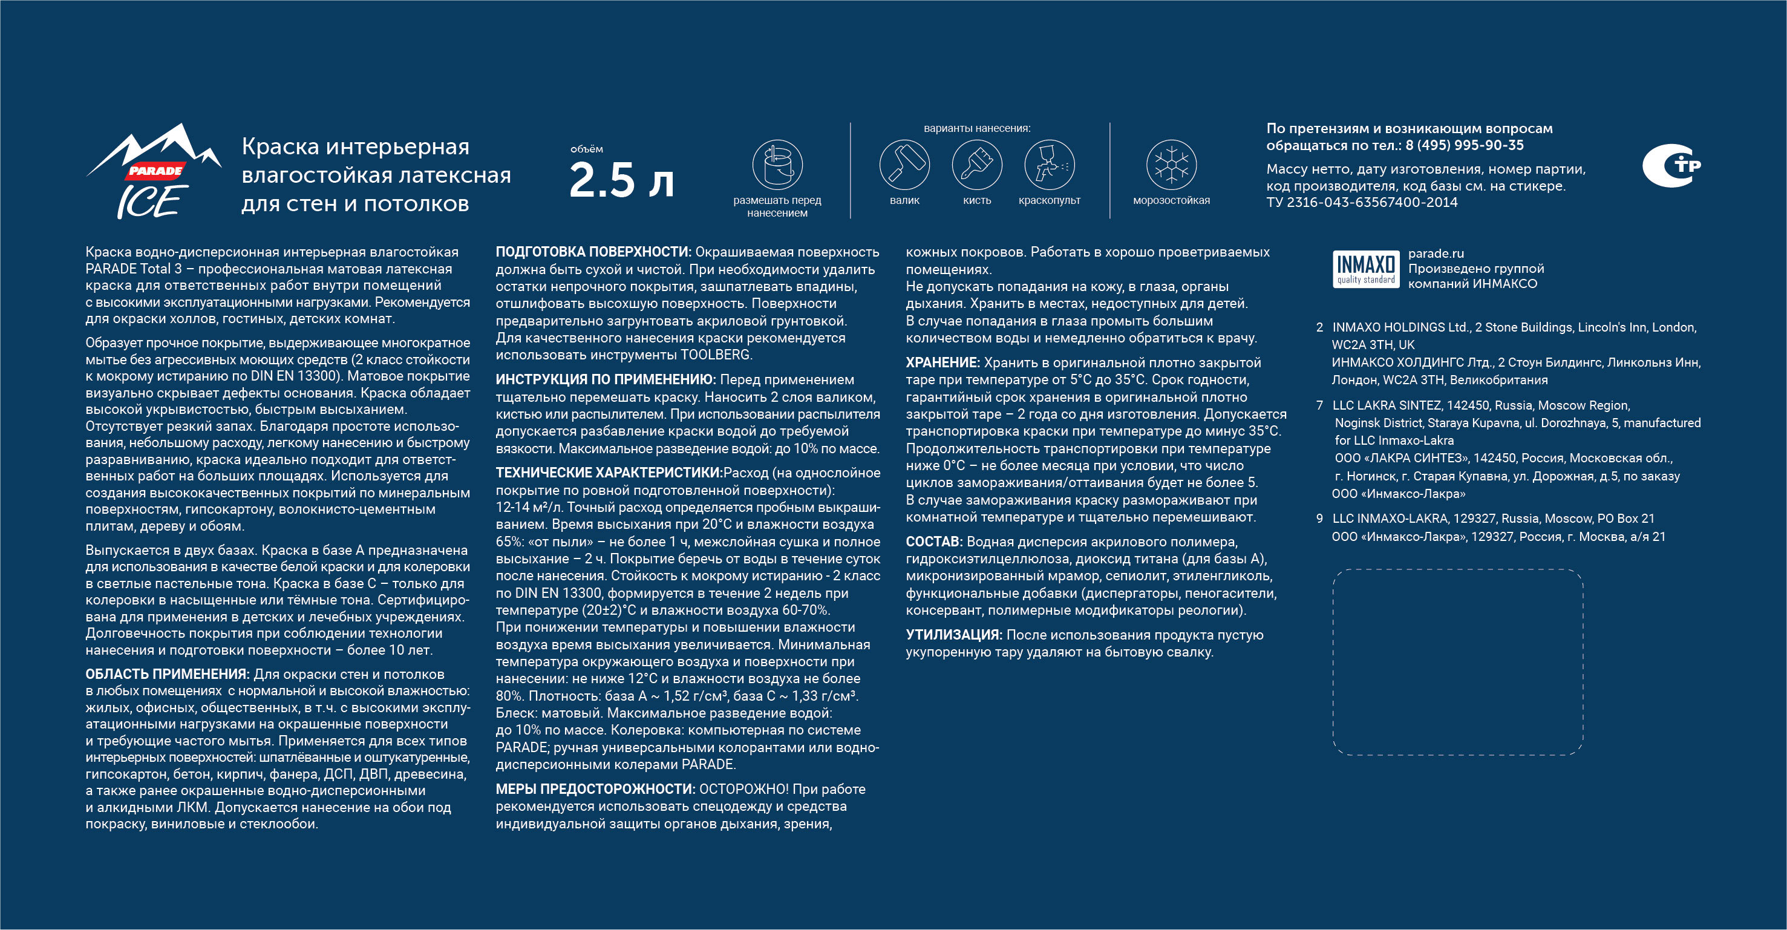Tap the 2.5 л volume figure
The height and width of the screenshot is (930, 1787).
pos(621,180)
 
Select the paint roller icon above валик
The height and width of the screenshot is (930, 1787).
pos(904,165)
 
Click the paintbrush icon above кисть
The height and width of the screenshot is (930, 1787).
pos(977,165)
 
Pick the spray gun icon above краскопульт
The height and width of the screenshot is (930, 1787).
pos(1050,165)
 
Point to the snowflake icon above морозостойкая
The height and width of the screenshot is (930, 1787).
pos(1171,165)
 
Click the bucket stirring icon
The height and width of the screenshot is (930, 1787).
pos(777,165)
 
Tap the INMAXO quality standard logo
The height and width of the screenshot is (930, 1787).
pos(1365,269)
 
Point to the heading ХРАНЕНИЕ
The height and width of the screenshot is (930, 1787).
pos(942,363)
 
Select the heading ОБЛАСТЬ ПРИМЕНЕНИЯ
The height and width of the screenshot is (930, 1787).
pos(167,675)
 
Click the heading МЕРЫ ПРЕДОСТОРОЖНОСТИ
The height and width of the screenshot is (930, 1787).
pos(595,789)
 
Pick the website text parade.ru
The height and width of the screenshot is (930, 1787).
pos(1436,254)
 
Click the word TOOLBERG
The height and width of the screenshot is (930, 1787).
pos(715,355)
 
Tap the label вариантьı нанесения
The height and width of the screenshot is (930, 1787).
pos(977,128)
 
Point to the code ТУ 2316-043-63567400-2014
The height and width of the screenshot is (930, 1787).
pos(1362,203)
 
